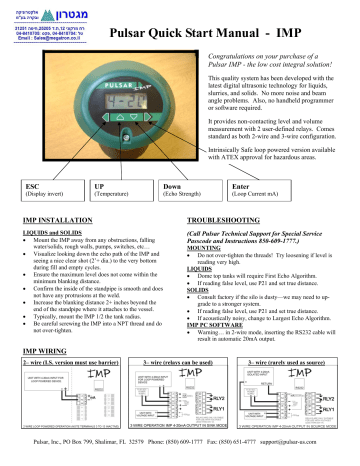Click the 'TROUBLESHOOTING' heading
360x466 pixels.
(x=229, y=217)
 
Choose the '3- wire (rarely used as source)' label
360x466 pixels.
(x=287, y=366)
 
